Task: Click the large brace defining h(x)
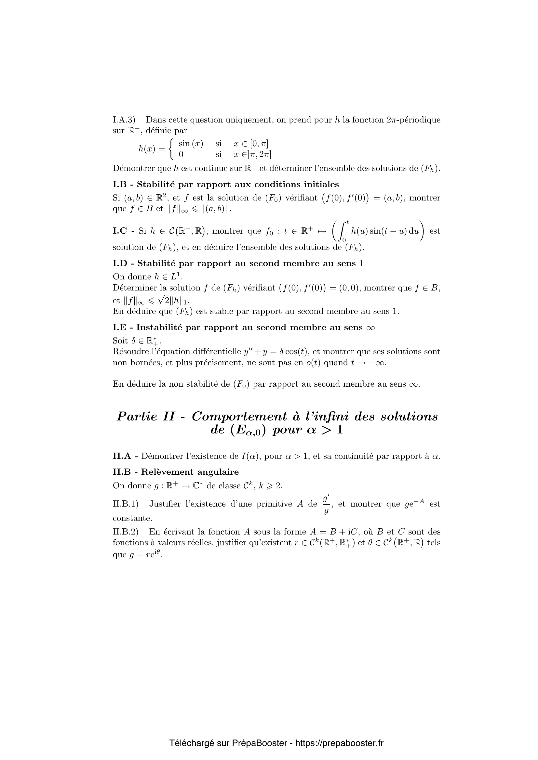(171, 148)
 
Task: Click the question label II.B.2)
(125, 532)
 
